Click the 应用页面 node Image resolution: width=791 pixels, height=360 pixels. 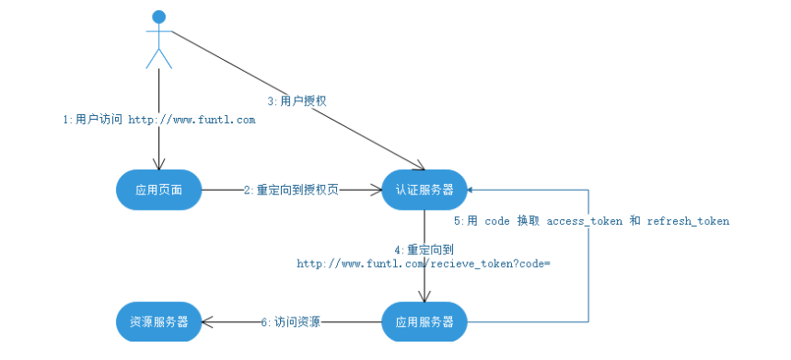click(x=158, y=190)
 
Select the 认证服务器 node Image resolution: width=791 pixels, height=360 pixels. click(x=425, y=190)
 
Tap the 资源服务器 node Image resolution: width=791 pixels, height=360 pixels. click(x=158, y=321)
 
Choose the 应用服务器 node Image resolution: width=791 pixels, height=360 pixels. click(x=425, y=321)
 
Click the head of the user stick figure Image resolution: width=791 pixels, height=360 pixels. click(x=159, y=17)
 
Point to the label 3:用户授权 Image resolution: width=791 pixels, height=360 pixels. click(x=297, y=100)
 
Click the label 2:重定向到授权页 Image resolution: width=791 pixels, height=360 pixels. click(x=291, y=190)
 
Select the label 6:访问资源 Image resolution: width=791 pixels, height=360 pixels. click(x=290, y=322)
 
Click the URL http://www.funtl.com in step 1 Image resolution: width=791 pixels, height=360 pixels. click(x=192, y=120)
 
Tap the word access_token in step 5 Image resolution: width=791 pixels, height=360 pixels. click(x=584, y=221)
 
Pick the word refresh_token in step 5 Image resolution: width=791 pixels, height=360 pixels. click(x=688, y=221)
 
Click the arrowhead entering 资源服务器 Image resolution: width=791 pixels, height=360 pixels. click(x=207, y=321)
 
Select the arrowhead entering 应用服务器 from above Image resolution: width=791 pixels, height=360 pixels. click(x=424, y=298)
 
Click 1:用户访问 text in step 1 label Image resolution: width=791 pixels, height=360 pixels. click(x=92, y=120)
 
